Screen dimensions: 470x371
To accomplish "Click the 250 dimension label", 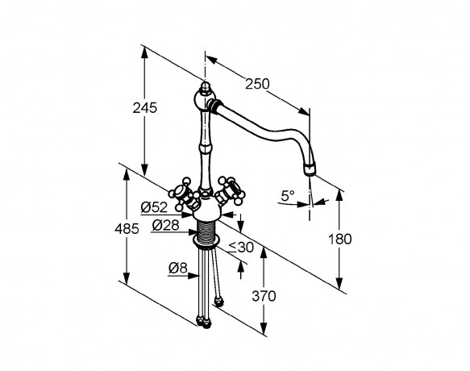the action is (257, 84).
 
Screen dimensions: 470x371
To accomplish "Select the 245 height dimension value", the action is (145, 108).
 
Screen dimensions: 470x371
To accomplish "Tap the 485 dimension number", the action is (127, 229).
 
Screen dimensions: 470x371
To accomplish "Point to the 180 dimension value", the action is (340, 240).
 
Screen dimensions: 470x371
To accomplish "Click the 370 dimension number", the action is (264, 296).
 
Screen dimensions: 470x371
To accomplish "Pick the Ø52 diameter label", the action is (154, 207).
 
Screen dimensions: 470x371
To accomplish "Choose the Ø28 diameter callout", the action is (165, 225).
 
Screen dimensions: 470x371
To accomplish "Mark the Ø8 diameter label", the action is (177, 268).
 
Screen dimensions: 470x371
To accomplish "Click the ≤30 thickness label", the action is (242, 248).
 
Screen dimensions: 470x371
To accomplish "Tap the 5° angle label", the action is (288, 196).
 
